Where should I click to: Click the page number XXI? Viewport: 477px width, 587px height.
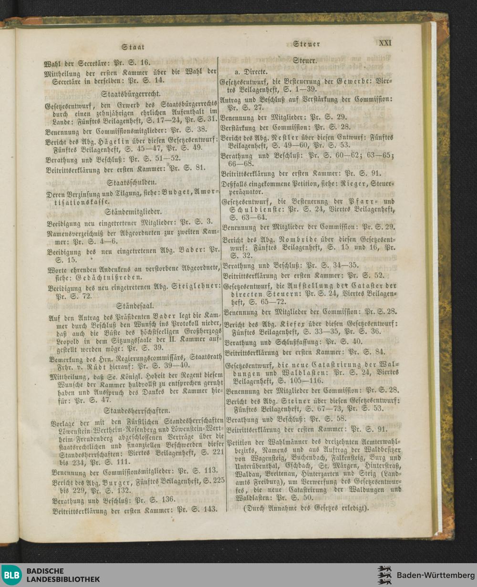385,42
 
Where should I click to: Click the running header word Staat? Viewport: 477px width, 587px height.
133,47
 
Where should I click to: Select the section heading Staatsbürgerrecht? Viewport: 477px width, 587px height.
133,93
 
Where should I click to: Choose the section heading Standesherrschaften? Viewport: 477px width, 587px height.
137,410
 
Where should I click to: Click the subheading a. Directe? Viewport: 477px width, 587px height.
250,72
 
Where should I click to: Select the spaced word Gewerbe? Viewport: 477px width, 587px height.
353,82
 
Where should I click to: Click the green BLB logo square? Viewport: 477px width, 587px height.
11,575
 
